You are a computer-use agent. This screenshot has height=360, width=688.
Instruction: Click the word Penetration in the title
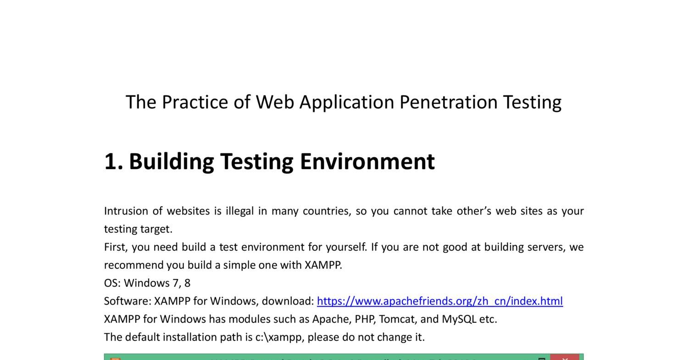coord(448,102)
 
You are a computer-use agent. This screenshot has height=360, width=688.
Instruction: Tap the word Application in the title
coord(347,102)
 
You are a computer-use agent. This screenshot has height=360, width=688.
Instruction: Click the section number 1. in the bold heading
coord(113,161)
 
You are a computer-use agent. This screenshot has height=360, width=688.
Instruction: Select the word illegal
coord(239,211)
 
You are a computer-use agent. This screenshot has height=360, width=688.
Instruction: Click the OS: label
coord(112,283)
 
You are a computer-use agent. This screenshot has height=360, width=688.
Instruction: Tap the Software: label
coord(127,301)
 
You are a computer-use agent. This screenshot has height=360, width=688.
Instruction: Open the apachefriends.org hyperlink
coord(439,301)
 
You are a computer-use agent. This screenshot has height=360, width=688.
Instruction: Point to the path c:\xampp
coord(278,337)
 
